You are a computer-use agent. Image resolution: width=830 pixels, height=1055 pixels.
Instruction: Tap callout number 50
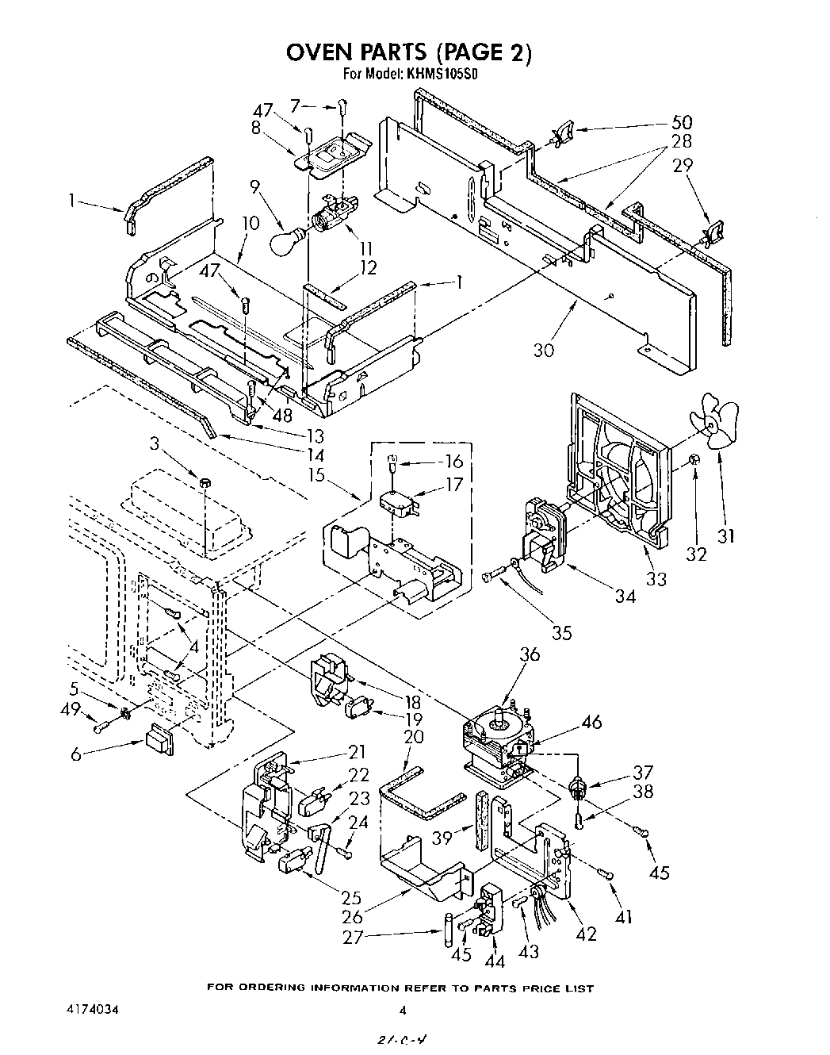[x=681, y=122]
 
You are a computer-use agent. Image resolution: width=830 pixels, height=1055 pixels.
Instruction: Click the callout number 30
[x=544, y=350]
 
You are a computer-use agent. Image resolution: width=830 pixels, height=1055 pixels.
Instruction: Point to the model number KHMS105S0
[x=442, y=75]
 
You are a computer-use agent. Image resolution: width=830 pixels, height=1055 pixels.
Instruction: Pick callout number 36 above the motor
[x=530, y=654]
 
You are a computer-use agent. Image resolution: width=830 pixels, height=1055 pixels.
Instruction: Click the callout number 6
[x=76, y=755]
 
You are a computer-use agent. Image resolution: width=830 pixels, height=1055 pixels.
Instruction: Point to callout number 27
[x=353, y=937]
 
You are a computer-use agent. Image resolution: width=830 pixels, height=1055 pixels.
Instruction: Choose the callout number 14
[x=316, y=455]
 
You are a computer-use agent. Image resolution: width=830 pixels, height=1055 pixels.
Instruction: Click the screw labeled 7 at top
[x=343, y=104]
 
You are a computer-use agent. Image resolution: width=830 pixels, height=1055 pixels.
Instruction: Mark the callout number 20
[x=414, y=737]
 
